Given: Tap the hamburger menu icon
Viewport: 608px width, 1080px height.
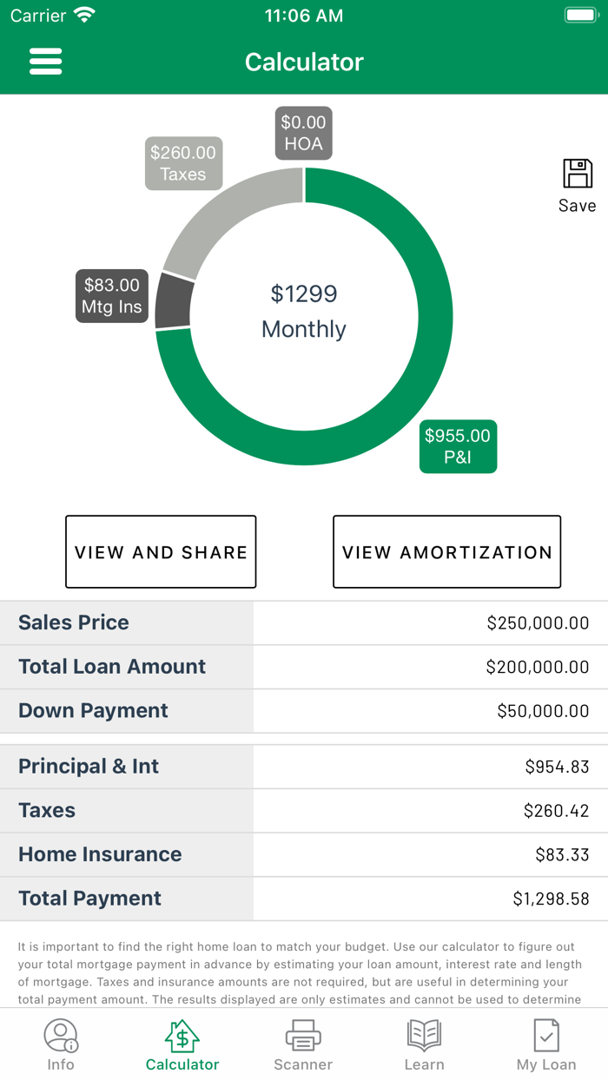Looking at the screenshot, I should [x=46, y=62].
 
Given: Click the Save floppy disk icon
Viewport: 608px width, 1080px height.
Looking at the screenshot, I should [x=578, y=175].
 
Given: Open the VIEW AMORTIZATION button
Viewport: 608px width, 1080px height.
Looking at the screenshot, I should [x=446, y=552].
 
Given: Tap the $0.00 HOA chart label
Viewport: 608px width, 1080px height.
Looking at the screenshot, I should [x=304, y=134].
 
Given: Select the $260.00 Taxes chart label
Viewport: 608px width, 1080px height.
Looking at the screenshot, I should [x=183, y=163].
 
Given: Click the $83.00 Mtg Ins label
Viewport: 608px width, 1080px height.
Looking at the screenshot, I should [x=111, y=296].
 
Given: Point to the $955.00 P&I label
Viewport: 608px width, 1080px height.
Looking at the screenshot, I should [x=458, y=446].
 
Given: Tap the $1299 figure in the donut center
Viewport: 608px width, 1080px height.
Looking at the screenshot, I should [x=304, y=294].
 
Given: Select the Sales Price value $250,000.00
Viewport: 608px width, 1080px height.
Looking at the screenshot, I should [x=538, y=622].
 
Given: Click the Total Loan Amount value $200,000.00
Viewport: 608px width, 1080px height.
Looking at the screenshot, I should [x=537, y=667].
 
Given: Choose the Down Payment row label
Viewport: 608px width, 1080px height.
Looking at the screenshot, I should [x=94, y=711].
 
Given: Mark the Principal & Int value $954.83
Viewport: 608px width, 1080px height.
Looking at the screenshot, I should [x=557, y=767].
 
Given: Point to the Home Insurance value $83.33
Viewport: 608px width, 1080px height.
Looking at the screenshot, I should [x=562, y=855].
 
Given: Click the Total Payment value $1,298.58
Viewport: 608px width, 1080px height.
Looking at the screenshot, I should [x=551, y=899].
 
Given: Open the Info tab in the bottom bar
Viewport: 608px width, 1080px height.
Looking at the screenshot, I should [x=61, y=1044].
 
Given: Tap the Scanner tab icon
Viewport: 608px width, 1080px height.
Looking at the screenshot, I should [x=303, y=1037].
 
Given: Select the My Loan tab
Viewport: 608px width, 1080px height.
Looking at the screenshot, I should [x=546, y=1044].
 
